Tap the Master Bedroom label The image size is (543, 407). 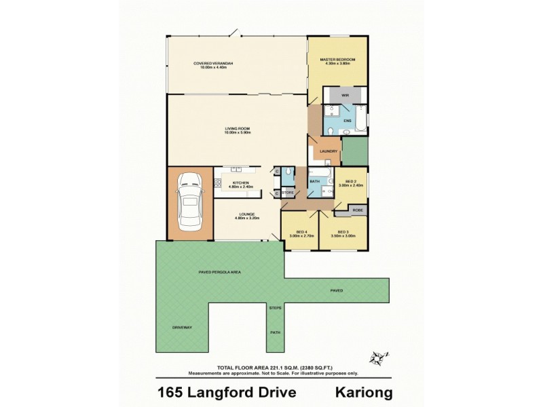click(338, 60)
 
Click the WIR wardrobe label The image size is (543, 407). click(344, 95)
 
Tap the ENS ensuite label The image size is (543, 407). click(347, 121)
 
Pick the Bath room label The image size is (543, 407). click(315, 181)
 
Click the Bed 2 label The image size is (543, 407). click(351, 181)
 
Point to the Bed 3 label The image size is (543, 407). click(343, 232)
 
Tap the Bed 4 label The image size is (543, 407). click(298, 233)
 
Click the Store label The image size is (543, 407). click(288, 193)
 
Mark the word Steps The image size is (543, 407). click(276, 309)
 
